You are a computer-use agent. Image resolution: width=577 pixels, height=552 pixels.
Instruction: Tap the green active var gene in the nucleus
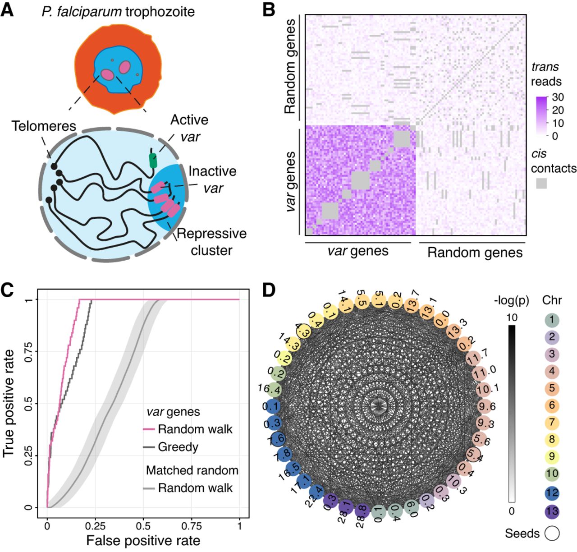tap(153, 161)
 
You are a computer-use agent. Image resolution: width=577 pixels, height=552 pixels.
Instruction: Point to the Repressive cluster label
tap(211, 242)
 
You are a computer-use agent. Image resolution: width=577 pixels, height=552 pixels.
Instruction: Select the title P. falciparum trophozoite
tap(119, 11)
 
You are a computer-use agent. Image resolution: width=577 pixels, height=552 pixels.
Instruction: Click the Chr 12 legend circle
tap(552, 492)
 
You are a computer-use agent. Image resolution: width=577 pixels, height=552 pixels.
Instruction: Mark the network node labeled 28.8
tap(361, 511)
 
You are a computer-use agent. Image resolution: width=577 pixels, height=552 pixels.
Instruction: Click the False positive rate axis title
tap(143, 540)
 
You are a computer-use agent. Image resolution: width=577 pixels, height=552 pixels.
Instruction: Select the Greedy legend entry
tap(178, 447)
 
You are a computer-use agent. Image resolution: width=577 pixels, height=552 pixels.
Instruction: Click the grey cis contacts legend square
tap(541, 183)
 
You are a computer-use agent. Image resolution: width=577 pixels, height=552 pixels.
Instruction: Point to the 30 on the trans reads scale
tap(558, 97)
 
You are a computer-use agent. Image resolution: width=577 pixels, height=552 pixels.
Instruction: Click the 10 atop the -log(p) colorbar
tap(512, 317)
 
